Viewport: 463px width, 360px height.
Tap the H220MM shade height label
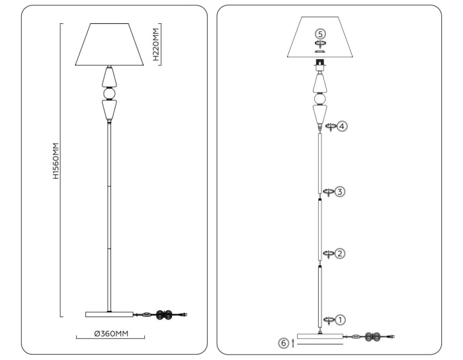click(155, 44)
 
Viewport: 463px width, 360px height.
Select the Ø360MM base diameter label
click(110, 334)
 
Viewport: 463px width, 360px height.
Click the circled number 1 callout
click(341, 320)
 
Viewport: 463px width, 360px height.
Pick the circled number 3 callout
click(340, 192)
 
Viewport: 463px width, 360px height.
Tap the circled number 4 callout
click(341, 126)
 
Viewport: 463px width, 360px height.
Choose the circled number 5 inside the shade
click(321, 33)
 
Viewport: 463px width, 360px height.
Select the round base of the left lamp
click(108, 314)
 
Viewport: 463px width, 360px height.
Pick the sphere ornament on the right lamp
click(320, 99)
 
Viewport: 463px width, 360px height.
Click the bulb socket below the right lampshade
click(320, 66)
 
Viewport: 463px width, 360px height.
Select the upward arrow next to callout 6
click(292, 343)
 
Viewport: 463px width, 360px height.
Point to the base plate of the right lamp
click(320, 336)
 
